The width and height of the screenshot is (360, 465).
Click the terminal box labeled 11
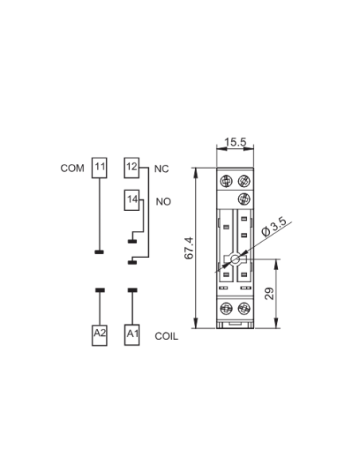coord(100,168)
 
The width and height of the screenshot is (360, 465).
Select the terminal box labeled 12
coord(131,168)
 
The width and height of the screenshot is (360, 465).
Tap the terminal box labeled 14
coord(131,200)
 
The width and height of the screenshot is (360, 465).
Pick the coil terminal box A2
coord(100,335)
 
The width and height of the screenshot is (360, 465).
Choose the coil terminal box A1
coord(132,335)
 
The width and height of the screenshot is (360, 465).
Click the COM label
coord(72,168)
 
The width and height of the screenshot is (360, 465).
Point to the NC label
coord(162,169)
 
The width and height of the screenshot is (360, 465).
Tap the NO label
coord(163,201)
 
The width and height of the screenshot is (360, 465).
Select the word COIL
coord(166,336)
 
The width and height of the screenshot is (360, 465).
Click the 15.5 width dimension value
coord(236,142)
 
